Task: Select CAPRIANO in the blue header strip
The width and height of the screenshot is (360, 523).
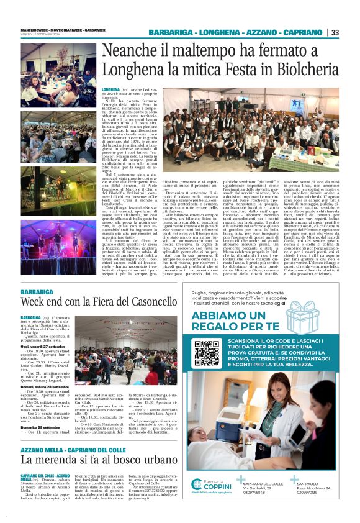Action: click(x=301, y=32)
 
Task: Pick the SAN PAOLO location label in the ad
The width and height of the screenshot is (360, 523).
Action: click(x=310, y=484)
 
